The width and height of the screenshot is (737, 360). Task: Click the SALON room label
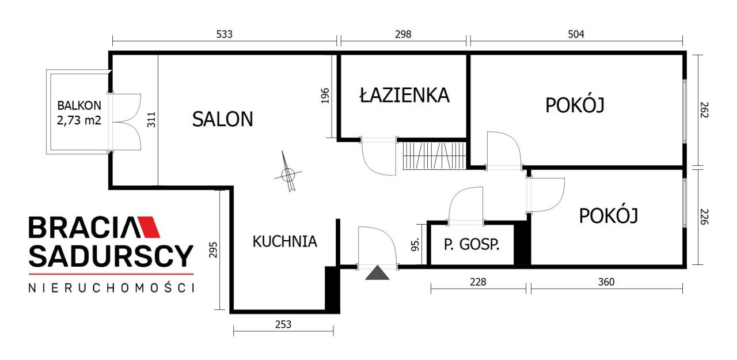[222, 119]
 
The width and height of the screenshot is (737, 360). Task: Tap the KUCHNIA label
[284, 241]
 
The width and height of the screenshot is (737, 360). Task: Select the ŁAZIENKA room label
[404, 95]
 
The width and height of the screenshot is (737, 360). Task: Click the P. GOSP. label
[471, 244]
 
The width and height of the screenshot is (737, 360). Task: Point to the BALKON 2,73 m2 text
[79, 112]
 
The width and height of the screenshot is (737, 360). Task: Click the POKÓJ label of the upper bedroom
[575, 105]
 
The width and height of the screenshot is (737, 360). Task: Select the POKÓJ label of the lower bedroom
[609, 216]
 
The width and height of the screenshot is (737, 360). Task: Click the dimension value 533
[224, 34]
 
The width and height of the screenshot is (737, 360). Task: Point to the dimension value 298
[403, 34]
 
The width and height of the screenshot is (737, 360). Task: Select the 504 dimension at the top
[576, 34]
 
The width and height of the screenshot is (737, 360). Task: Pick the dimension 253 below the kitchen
[283, 324]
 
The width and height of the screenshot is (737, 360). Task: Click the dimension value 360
[606, 282]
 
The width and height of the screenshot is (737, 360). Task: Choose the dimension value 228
[478, 282]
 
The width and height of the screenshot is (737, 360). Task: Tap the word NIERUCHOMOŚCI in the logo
[111, 288]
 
